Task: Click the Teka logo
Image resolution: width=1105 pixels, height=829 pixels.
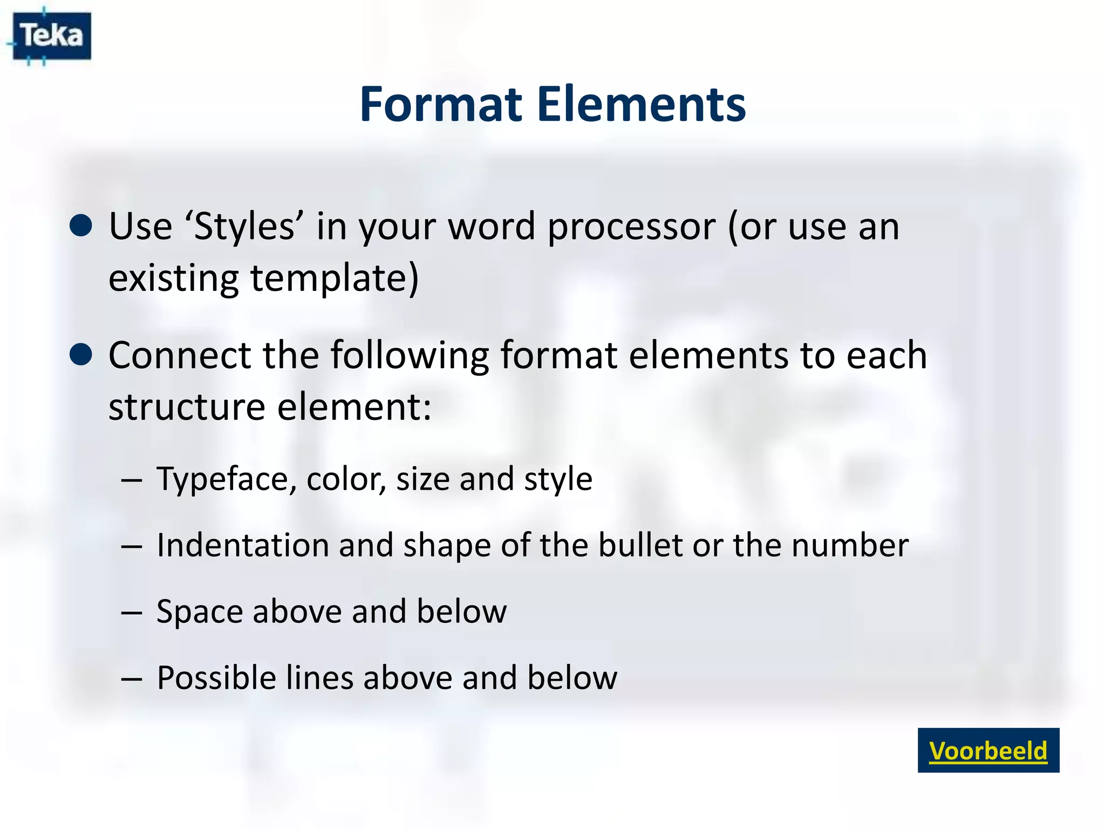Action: pos(51,36)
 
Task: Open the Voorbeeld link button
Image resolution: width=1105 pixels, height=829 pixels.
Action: pos(988,750)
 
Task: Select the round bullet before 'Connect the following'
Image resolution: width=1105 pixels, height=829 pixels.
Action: pos(81,355)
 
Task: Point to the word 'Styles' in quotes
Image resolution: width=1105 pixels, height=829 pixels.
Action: pos(244,227)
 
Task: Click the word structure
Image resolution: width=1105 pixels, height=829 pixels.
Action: pos(187,407)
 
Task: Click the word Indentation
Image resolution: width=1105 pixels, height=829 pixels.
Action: pos(242,545)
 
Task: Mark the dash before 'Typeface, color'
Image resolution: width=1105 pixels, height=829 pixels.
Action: pos(132,480)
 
